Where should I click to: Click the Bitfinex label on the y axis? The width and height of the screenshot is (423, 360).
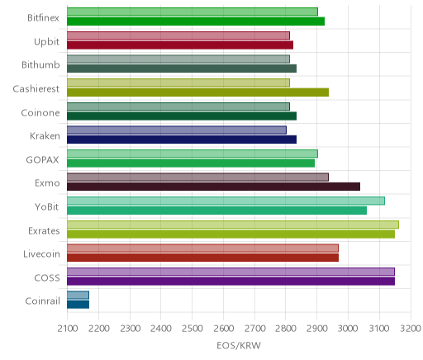coord(43,18)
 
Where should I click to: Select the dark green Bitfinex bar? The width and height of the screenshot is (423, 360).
coord(196,21)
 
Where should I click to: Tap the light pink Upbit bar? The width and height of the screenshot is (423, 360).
coord(178,36)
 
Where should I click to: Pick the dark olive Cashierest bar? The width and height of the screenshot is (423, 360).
coord(197,92)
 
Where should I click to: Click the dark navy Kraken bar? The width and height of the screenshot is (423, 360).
coord(182,140)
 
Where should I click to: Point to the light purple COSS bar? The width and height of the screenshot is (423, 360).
coord(231,272)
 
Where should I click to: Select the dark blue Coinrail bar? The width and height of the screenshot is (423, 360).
coord(78,305)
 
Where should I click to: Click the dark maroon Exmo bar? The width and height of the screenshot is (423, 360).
coord(213,187)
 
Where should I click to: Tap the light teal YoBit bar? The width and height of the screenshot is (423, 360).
coord(226,201)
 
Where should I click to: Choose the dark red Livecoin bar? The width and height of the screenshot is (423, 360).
coord(202,258)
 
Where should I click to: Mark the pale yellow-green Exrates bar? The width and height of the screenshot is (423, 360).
coord(233,225)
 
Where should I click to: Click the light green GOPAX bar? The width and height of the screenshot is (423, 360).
coord(192,154)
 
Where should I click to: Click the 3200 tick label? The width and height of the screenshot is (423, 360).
coord(411,329)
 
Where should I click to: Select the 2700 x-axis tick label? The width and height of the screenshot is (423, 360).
coord(254,329)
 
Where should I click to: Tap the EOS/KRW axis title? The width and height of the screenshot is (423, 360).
coord(239,345)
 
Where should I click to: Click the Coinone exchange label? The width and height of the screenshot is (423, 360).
coord(40,113)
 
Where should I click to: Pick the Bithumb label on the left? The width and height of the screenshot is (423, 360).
coord(40,65)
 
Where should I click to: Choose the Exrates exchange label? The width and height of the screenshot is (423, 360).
coord(44,230)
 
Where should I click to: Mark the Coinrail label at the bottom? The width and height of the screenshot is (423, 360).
coord(42,301)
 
